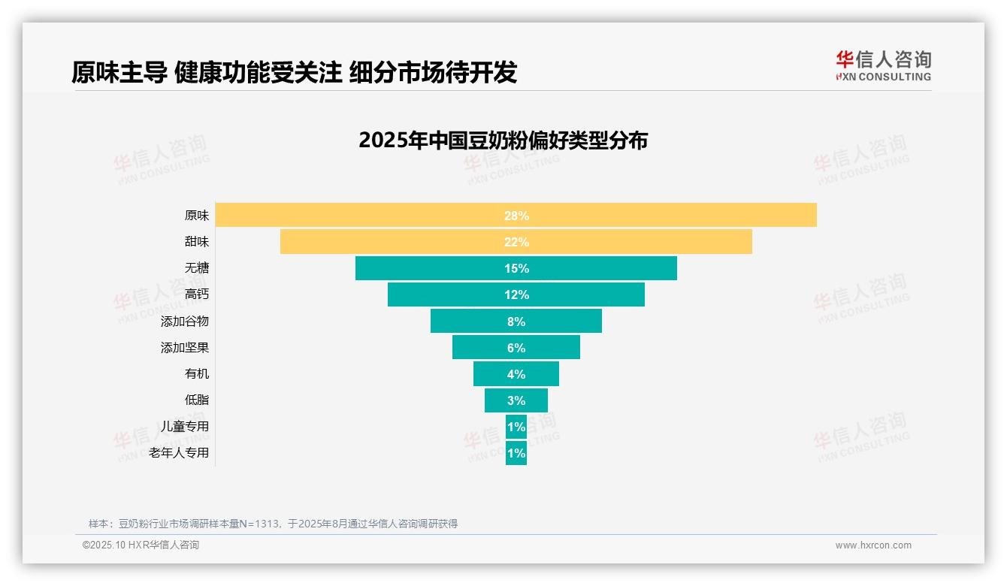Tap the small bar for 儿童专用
[516, 427]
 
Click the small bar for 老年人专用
[516, 453]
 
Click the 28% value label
[516, 216]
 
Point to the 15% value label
[516, 268]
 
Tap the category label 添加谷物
[185, 321]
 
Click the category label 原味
[197, 216]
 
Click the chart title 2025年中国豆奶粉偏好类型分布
[503, 140]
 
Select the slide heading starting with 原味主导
[294, 72]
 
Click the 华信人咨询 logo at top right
[883, 65]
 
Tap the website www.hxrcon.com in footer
[873, 545]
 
